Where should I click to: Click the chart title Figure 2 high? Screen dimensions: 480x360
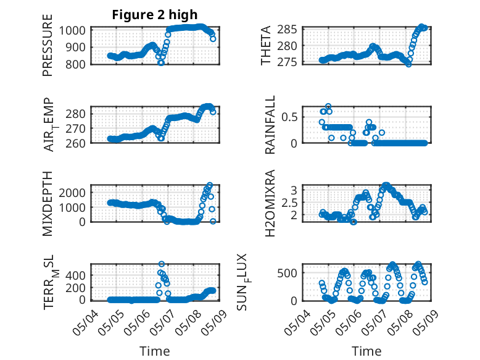155,15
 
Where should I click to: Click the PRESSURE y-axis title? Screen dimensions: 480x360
48,45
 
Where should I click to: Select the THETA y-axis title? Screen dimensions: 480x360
266,45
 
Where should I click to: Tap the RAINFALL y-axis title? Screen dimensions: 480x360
270,124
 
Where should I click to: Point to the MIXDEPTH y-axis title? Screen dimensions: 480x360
48,203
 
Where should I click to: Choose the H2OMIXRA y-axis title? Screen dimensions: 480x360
270,203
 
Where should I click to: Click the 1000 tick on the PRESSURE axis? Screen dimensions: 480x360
72,30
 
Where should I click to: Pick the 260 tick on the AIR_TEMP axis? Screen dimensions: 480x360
75,143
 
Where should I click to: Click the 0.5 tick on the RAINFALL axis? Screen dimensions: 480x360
289,117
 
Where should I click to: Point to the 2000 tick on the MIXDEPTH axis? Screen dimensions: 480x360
72,193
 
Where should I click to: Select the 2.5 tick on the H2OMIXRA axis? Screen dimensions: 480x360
289,203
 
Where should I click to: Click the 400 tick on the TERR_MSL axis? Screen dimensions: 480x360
75,275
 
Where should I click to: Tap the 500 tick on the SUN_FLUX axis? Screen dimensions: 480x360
287,273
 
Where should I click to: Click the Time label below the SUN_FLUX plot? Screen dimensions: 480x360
366,351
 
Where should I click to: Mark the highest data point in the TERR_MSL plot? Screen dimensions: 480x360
162,264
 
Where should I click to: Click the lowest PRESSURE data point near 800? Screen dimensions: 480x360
160,63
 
